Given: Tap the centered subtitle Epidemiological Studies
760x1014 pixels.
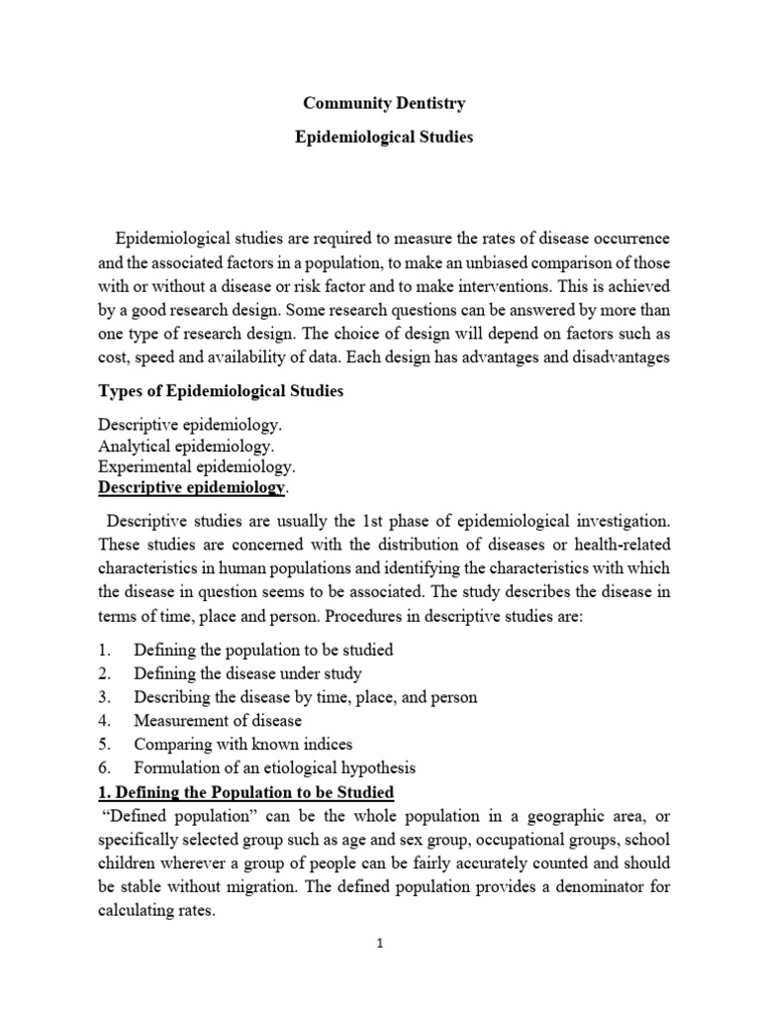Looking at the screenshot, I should (x=384, y=137).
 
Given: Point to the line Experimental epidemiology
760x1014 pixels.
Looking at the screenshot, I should (x=196, y=466).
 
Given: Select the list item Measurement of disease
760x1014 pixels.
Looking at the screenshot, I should (x=218, y=720).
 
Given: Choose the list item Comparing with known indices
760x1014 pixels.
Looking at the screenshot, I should (x=243, y=744).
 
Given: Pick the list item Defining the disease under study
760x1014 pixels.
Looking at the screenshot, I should (x=249, y=673).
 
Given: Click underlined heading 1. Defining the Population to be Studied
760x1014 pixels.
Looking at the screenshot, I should (x=246, y=792).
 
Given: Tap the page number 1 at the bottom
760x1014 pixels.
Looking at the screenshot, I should (x=380, y=944).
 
